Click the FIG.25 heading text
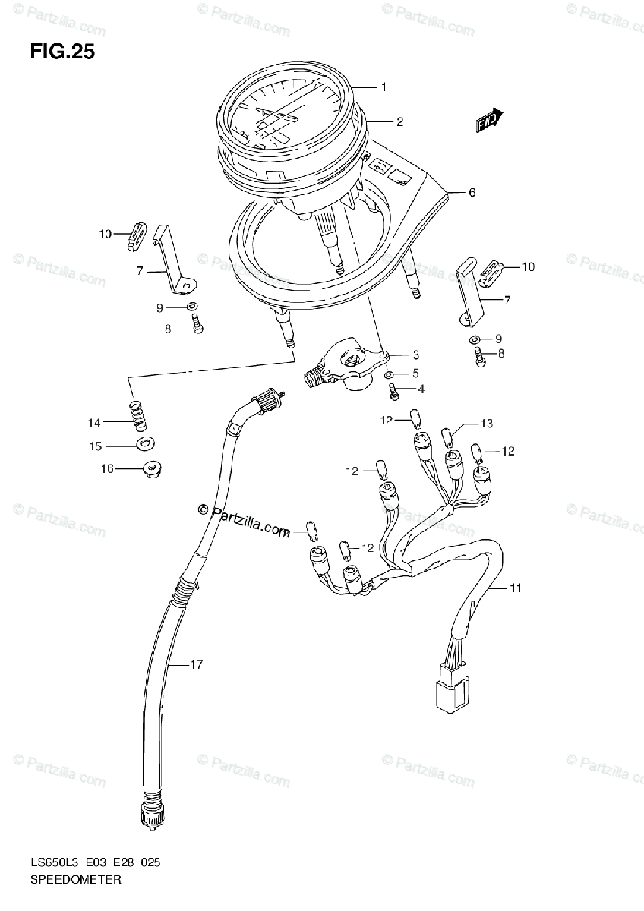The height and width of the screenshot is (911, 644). click(x=62, y=52)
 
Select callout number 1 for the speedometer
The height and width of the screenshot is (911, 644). click(x=384, y=87)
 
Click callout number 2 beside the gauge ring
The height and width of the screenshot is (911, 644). click(x=399, y=121)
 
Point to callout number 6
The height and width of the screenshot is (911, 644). click(x=471, y=193)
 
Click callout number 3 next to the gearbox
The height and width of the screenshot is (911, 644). click(x=416, y=355)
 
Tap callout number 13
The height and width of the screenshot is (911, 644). click(x=486, y=423)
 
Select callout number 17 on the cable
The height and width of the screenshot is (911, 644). click(x=196, y=666)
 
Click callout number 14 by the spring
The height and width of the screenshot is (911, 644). click(x=93, y=423)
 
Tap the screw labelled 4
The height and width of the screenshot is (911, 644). click(x=393, y=392)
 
